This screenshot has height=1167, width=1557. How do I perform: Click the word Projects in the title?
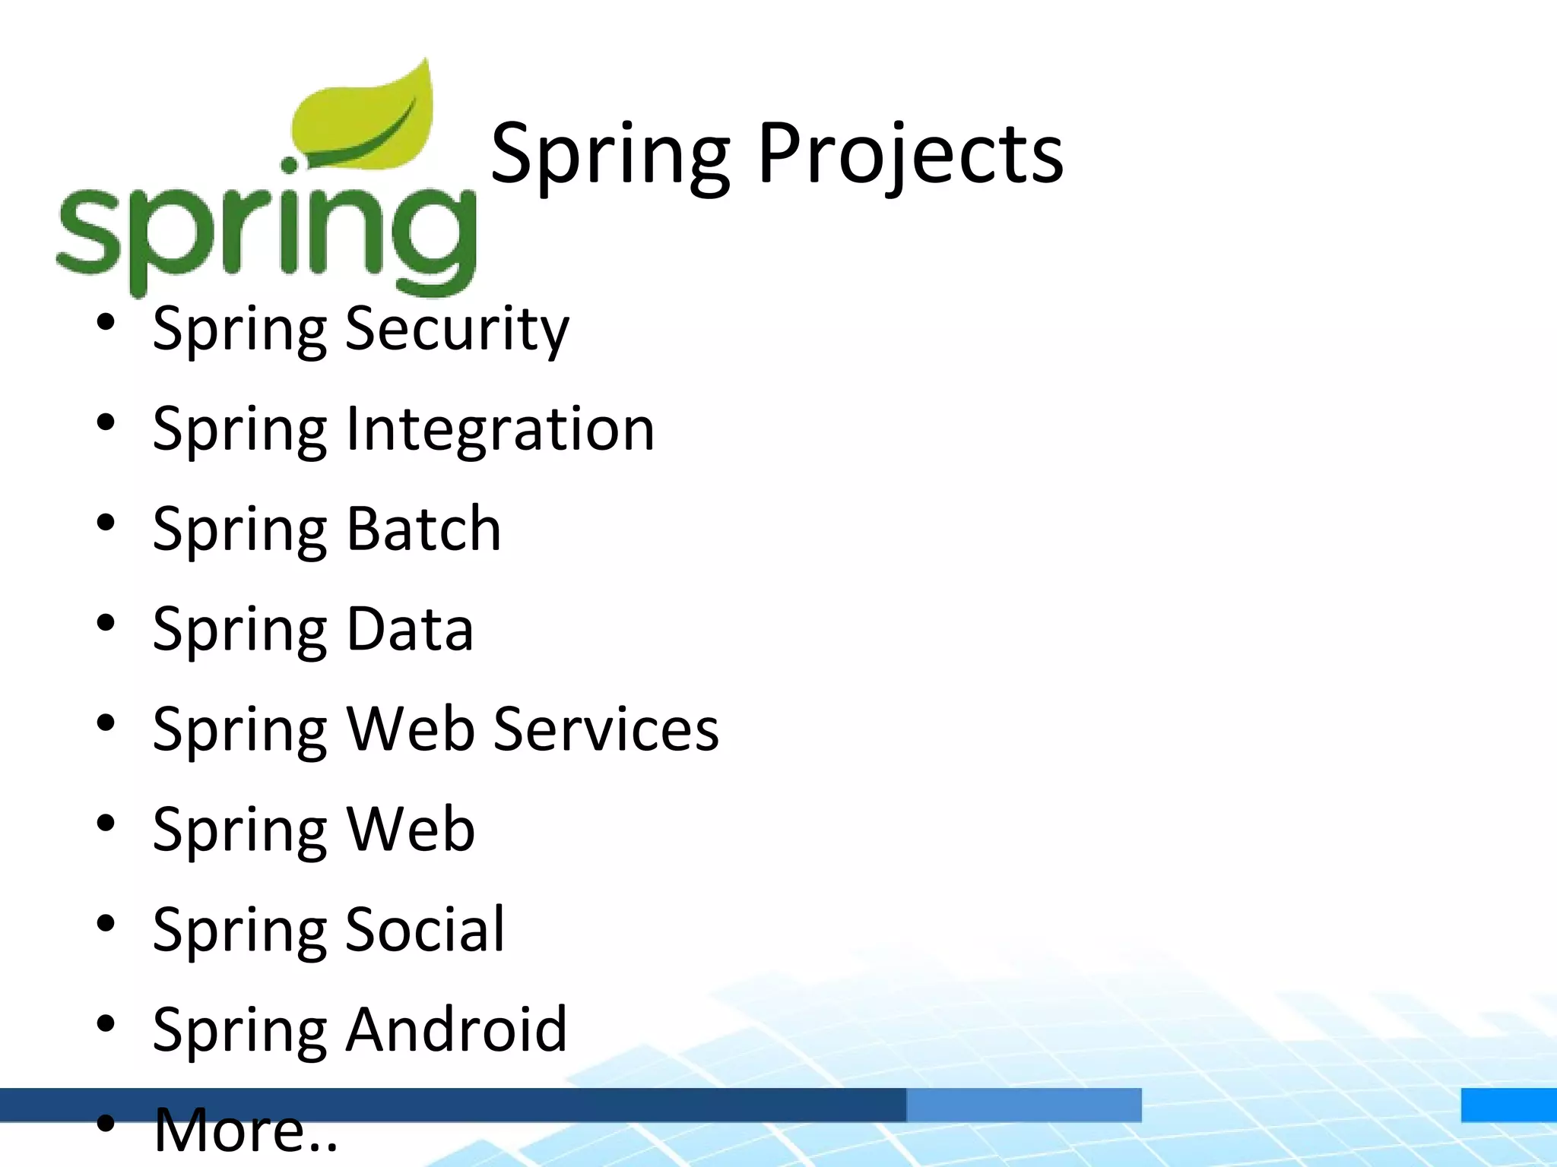910,154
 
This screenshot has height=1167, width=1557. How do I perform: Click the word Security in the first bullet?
456,328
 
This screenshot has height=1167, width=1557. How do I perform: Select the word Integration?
499,429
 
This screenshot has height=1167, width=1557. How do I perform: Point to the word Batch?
423,529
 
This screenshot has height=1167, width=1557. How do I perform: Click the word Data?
410,629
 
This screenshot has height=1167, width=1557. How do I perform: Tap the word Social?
425,929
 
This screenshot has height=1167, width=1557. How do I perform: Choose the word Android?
456,1029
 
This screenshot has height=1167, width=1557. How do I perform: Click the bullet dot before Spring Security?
106,322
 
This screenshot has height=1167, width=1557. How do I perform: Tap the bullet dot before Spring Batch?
106,523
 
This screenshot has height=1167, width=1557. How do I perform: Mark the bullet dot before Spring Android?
106,1023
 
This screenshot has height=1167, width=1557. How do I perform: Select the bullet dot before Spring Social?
106,923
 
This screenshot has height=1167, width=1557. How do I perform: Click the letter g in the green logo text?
433,239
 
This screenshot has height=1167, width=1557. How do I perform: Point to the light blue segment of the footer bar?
1023,1105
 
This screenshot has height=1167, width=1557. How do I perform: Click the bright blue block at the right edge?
1508,1105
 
